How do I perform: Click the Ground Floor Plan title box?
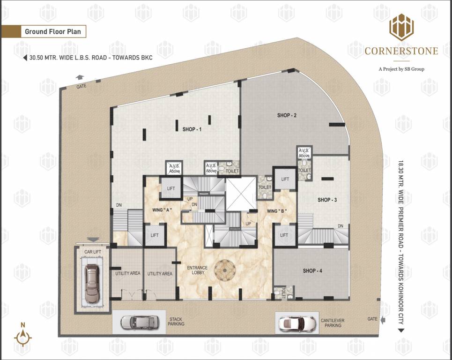pos(53,32)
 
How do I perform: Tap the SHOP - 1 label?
pos(192,129)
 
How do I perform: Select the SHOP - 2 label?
pos(287,115)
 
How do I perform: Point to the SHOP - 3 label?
pos(327,200)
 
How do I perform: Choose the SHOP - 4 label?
pos(312,270)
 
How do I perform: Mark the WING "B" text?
pos(277,211)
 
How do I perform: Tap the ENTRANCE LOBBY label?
pos(197,270)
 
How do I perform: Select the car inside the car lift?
pos(92,285)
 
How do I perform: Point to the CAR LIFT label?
pos(92,252)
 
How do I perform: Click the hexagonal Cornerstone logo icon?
pos(401,27)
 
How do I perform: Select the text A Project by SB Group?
pos(401,69)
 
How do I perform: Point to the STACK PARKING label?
pos(176,322)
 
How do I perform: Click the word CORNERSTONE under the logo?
pos(401,51)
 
